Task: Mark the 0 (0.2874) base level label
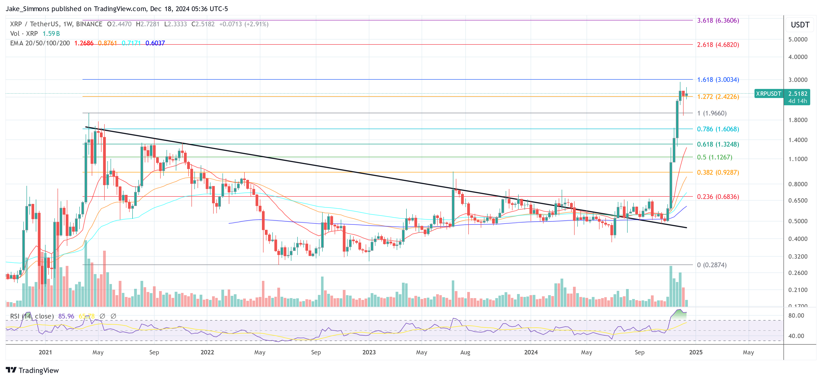tap(712, 265)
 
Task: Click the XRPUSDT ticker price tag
tap(768, 94)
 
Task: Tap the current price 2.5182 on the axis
tap(798, 94)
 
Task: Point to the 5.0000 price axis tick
tap(798, 39)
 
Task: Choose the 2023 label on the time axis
tap(369, 352)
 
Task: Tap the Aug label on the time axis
tap(465, 352)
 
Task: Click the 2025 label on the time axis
tap(696, 352)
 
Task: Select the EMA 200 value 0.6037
tap(155, 43)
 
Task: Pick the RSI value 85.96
tap(66, 316)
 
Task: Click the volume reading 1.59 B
tap(51, 34)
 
